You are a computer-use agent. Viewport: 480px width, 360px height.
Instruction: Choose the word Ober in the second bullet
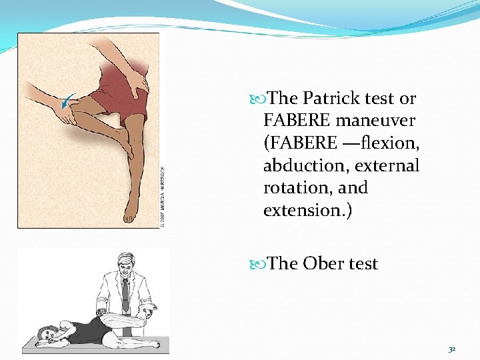[325, 264]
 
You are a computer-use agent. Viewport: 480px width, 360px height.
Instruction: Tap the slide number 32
[451, 348]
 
